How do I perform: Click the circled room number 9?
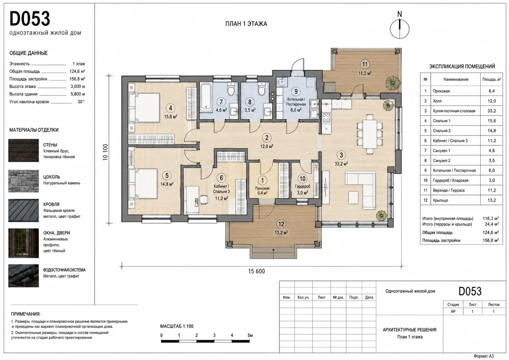coord(296,91)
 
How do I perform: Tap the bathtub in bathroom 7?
coord(206,97)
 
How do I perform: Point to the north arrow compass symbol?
coord(399,27)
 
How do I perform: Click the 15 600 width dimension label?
coord(256,271)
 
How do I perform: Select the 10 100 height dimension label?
coord(105,152)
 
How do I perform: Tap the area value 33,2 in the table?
coord(492,111)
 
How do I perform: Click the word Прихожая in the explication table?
coord(441,91)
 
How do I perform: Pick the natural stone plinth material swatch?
coord(24,181)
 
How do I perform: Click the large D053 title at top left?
coord(30,19)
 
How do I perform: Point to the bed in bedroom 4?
coord(144,108)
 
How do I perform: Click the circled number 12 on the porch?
coord(281,224)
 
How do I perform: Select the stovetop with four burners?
coord(326,118)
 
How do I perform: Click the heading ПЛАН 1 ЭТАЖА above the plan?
coord(246,24)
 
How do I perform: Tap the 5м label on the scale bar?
coord(250,335)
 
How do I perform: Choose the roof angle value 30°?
coord(81,102)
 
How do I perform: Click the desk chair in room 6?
coord(204,200)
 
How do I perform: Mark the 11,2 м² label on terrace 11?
coord(365,73)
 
